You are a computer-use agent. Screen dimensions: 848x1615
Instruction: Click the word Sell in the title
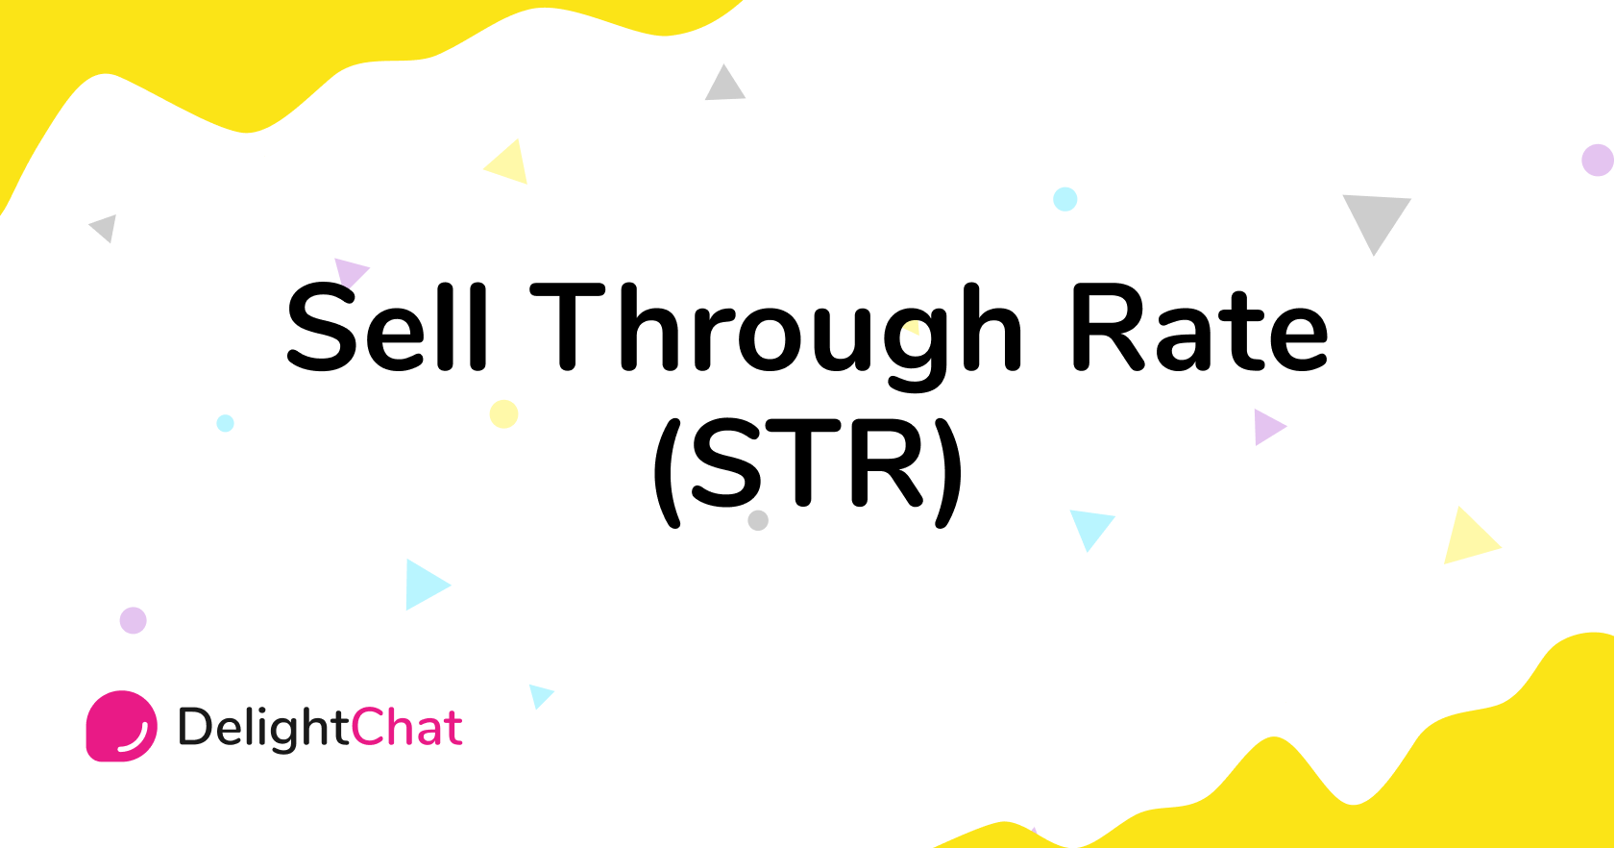point(387,327)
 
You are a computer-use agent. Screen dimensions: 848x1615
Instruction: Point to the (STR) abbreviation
point(807,468)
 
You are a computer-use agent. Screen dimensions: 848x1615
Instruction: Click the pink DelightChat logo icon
point(122,726)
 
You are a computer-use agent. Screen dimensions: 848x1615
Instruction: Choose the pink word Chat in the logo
point(406,727)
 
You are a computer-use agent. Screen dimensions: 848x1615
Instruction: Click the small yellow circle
point(503,413)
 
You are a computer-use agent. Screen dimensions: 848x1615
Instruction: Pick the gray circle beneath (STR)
point(758,520)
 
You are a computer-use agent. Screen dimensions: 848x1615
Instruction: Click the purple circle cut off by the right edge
point(1598,160)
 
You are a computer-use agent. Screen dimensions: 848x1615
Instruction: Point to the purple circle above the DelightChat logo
point(133,620)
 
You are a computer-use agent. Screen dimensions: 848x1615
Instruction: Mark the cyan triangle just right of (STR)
point(1089,527)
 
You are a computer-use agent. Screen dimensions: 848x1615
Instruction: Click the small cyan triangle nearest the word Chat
point(540,695)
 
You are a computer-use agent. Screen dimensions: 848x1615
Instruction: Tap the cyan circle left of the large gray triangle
point(1064,199)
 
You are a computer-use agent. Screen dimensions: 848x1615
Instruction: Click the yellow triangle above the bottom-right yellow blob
point(1468,538)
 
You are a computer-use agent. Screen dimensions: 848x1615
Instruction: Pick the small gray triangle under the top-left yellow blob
point(105,229)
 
